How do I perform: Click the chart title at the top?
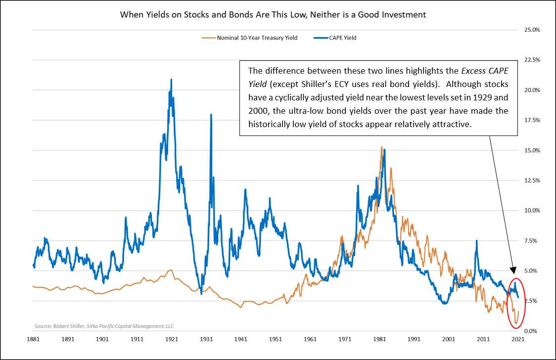coord(273,15)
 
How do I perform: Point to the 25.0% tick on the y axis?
coord(531,30)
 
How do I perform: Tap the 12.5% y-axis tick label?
coord(531,180)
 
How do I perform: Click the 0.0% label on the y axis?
coord(531,331)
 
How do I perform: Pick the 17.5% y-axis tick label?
coord(531,120)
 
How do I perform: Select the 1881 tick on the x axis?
coord(34,341)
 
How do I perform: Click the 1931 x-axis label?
coord(206,341)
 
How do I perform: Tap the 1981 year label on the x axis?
coord(379,341)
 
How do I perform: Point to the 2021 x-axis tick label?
coord(517,341)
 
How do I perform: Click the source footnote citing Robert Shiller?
coord(104,326)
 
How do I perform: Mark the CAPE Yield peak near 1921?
coord(171,80)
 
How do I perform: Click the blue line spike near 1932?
coord(211,115)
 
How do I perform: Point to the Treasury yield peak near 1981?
coord(381,147)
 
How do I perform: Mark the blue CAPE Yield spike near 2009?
coord(476,241)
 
